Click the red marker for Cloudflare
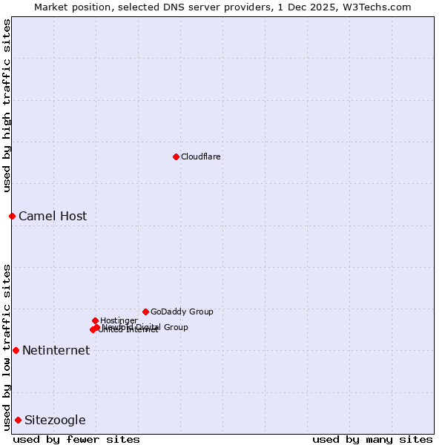click(176, 156)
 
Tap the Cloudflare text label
click(201, 156)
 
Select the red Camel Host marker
click(12, 216)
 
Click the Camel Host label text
click(53, 217)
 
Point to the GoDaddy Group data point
click(145, 311)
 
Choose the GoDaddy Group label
click(182, 311)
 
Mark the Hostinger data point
click(95, 320)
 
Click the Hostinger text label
click(119, 320)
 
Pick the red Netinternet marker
click(16, 350)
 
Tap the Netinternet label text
click(56, 351)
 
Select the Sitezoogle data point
click(18, 420)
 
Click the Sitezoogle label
click(55, 421)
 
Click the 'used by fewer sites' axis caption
click(76, 439)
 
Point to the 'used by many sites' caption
click(372, 439)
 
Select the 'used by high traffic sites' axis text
click(7, 105)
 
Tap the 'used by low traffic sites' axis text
click(7, 346)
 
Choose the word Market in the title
click(53, 7)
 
